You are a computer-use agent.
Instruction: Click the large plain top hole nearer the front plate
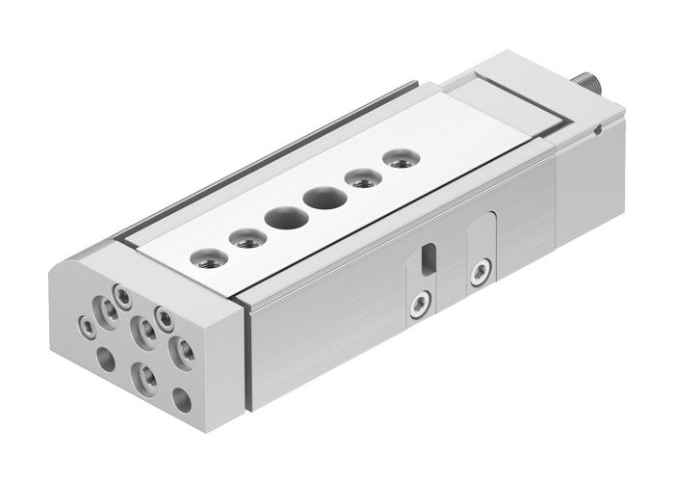coord(287,217)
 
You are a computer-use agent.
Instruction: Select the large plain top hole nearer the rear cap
coord(324,199)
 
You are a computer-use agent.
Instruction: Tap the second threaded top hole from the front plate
coord(247,236)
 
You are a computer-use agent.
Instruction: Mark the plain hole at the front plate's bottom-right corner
coord(182,397)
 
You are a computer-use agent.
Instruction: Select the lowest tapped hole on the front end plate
coord(144,374)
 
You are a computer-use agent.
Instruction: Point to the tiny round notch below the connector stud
coord(599,128)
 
